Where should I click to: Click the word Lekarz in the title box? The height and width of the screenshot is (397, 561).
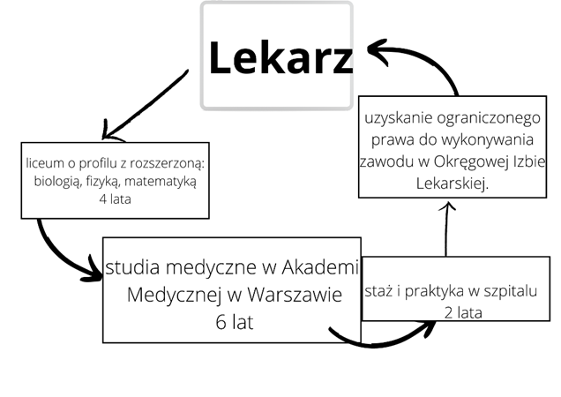tap(280, 58)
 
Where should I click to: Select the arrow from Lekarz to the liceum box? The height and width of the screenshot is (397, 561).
tap(146, 104)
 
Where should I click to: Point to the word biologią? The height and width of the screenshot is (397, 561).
tap(55, 182)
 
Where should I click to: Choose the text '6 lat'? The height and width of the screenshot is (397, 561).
tap(234, 322)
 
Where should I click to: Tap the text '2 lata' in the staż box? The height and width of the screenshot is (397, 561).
tap(462, 311)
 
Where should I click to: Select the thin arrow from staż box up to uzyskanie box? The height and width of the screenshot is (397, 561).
tap(447, 229)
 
